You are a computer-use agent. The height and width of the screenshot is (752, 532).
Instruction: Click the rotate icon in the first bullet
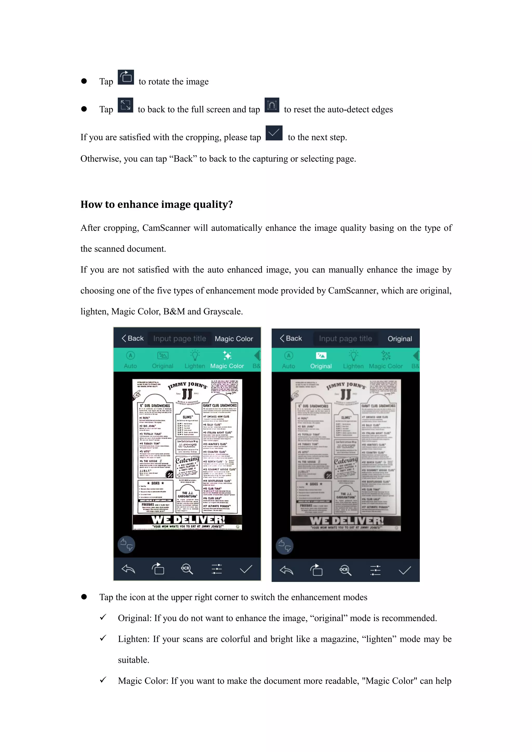coord(126,77)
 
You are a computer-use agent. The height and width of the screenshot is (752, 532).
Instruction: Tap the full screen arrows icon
coord(125,105)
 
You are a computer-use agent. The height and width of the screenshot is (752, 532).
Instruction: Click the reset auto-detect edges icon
coord(272,105)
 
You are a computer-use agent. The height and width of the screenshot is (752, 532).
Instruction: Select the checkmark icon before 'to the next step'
coord(274,133)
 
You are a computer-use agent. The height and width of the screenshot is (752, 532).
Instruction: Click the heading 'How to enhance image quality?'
coord(157,204)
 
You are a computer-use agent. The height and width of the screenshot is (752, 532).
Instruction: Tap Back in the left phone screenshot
coord(133,338)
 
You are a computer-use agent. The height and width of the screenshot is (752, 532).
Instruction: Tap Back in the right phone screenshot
coord(291,338)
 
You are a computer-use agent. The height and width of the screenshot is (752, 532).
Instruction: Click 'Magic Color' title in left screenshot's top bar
coord(234,339)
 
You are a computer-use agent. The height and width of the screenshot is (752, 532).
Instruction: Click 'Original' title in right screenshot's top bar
coord(400,339)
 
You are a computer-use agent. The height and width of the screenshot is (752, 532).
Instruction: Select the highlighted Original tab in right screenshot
coord(321,360)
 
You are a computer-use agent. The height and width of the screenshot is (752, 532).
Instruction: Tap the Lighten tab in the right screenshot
coord(353,360)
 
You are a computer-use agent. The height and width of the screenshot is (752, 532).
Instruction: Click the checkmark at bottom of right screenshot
coord(404,570)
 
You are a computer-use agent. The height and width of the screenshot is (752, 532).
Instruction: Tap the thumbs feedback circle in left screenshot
coord(127,545)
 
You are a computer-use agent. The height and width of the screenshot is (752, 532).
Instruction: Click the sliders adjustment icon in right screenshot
coord(375,570)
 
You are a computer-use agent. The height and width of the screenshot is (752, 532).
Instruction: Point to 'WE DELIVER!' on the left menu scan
coord(188,519)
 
